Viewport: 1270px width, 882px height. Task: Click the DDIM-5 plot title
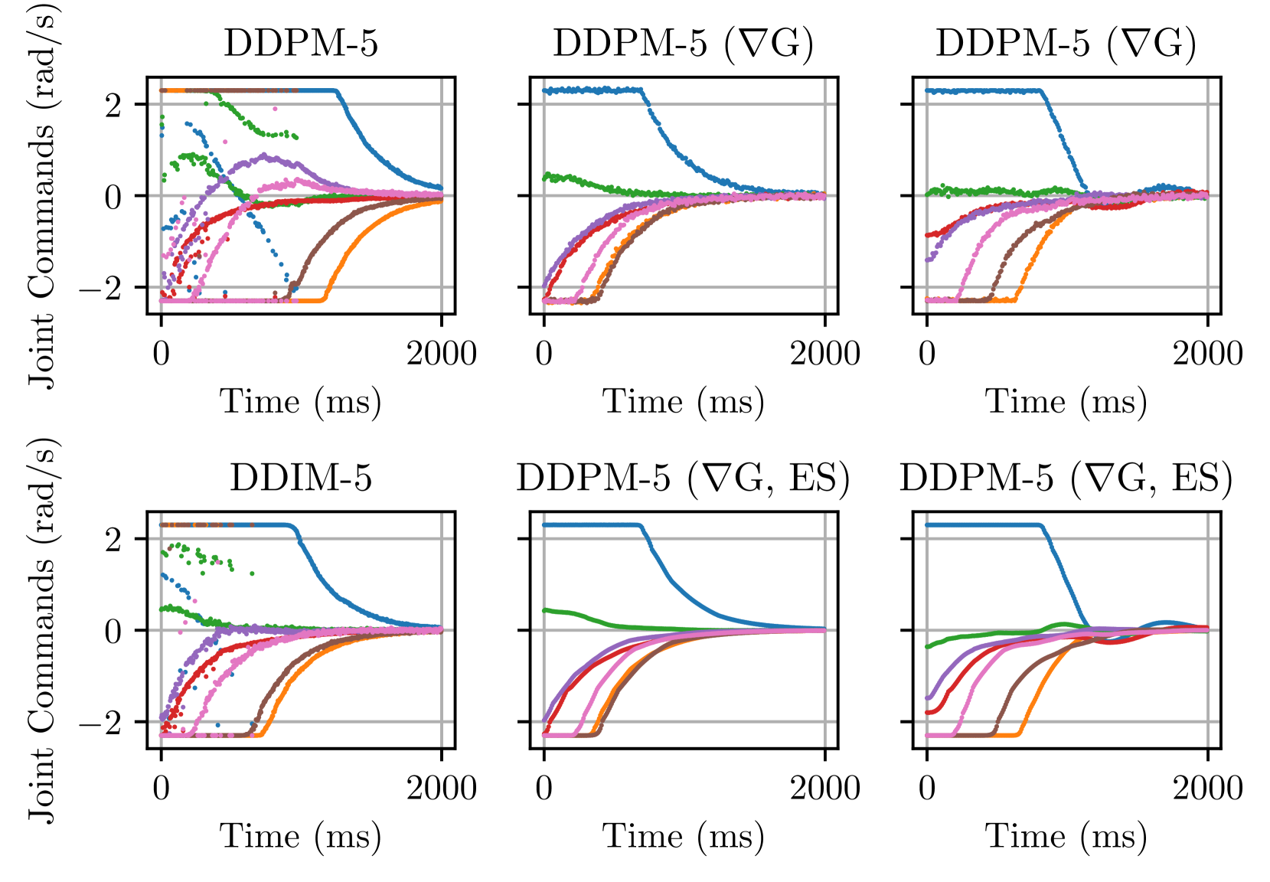click(301, 478)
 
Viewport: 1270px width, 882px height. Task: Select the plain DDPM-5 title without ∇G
click(301, 44)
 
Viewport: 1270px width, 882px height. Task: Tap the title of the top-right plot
click(1066, 44)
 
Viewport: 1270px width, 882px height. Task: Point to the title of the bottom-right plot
click(1066, 478)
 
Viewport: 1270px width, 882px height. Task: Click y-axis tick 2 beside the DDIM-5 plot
click(113, 540)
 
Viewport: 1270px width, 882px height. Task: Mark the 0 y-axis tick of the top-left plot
click(113, 197)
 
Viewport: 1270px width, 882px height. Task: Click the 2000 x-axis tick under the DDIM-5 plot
click(442, 788)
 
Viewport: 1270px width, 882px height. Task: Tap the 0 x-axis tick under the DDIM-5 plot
click(161, 788)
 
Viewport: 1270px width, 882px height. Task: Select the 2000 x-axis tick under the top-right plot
click(1208, 354)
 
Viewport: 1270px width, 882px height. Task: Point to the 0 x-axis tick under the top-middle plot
click(544, 354)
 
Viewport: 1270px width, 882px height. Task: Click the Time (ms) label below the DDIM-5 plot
click(301, 836)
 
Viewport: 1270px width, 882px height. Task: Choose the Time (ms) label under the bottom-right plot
click(1066, 836)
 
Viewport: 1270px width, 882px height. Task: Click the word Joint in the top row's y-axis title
click(41, 352)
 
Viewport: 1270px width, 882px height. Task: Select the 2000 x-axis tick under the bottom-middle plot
click(825, 788)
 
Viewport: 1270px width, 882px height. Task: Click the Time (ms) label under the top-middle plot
click(684, 402)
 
